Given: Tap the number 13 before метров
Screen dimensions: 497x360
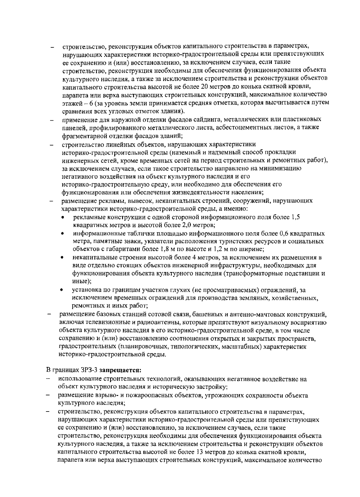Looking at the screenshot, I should (x=200, y=452).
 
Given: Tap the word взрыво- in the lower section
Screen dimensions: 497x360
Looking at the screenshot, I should (x=93, y=395).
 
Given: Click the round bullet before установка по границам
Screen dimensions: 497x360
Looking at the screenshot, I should (x=62, y=290).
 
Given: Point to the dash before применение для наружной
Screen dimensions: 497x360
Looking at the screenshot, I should (x=52, y=120).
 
